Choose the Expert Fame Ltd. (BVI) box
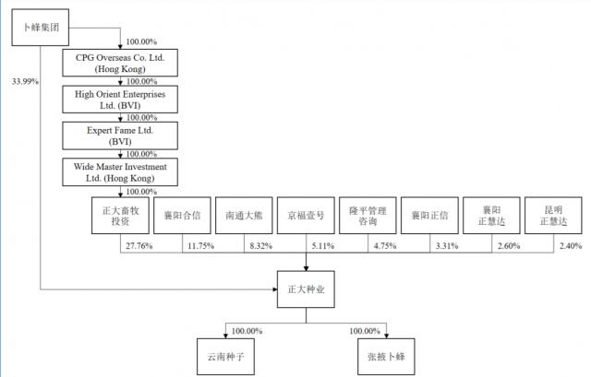(121, 136)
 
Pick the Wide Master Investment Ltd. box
(121, 172)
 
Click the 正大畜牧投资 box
(120, 216)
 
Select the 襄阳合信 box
(183, 216)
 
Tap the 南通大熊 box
(245, 216)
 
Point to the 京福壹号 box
(307, 216)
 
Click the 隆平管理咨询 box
(368, 216)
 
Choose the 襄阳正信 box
(430, 216)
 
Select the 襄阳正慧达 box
(492, 216)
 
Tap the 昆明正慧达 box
(554, 216)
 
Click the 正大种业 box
(307, 289)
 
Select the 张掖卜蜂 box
(384, 354)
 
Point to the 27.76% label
(138, 246)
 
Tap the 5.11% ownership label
(324, 246)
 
